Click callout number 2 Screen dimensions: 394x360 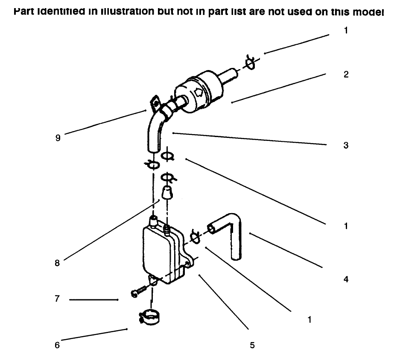[x=346, y=74]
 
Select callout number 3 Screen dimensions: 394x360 [x=346, y=145]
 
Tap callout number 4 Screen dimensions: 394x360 [x=346, y=280]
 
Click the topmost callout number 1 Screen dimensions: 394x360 [x=346, y=31]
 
